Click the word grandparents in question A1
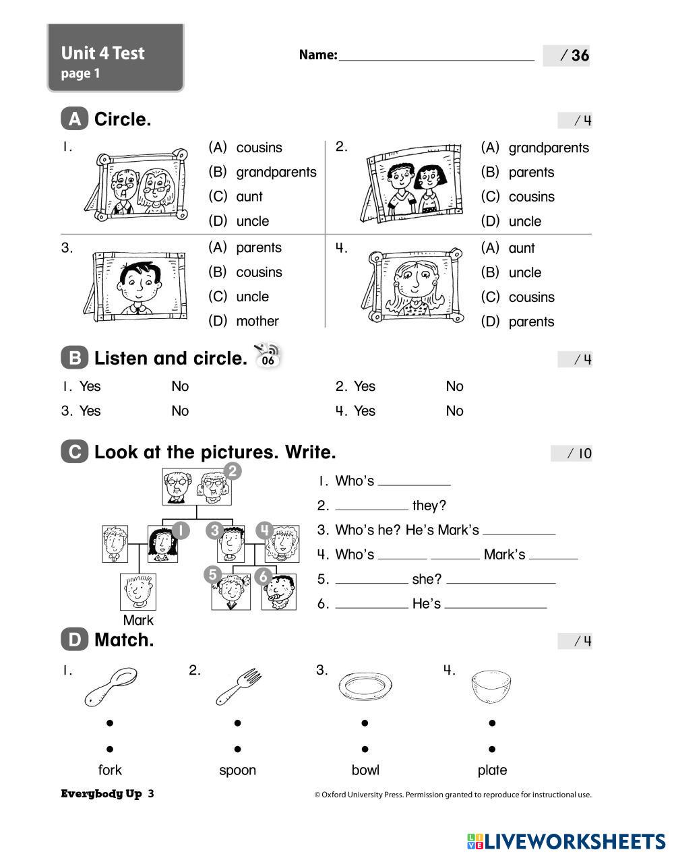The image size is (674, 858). coord(276,172)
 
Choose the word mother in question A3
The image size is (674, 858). coord(257,321)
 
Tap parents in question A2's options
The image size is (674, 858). coord(531,172)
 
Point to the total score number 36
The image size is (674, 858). coord(580,55)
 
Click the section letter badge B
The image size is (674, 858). coord(74,358)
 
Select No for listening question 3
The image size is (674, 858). coord(180,410)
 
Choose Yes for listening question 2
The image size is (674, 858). coord(364,386)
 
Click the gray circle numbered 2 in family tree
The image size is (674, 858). coord(232,471)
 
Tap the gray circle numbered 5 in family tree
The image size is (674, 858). coord(212,574)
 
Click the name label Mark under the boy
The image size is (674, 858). coord(138,620)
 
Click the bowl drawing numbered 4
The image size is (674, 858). coord(491,686)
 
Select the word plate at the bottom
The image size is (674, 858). coord(492,770)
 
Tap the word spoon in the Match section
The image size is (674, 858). coord(237,770)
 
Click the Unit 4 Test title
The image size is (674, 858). coord(102,53)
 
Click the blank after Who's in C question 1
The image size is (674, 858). coord(414,481)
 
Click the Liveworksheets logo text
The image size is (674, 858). coord(575,840)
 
